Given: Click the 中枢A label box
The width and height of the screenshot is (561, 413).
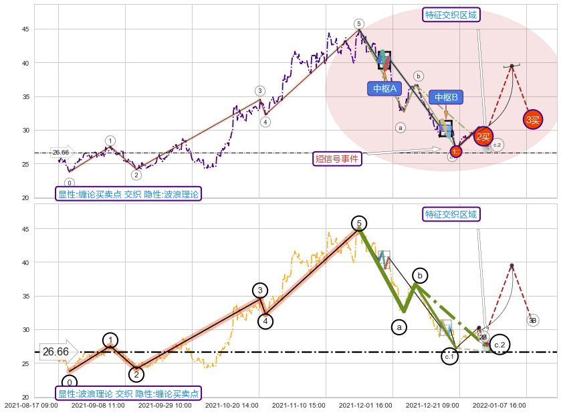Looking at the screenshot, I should pyautogui.click(x=384, y=88).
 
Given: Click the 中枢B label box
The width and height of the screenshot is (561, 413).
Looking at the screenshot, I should pyautogui.click(x=446, y=98).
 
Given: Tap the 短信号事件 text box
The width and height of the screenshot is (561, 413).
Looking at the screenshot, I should pyautogui.click(x=337, y=159).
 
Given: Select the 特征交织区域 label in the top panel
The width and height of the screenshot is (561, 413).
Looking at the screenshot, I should pyautogui.click(x=451, y=15).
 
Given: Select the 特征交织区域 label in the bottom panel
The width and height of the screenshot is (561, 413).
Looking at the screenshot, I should pyautogui.click(x=451, y=215).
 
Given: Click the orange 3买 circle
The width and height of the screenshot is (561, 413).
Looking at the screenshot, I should pyautogui.click(x=533, y=120).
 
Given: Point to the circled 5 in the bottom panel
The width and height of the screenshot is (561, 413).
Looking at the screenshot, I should pyautogui.click(x=359, y=223).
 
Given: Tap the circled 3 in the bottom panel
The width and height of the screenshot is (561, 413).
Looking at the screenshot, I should pyautogui.click(x=260, y=290).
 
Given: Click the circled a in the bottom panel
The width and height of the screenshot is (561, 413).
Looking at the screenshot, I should pyautogui.click(x=399, y=327).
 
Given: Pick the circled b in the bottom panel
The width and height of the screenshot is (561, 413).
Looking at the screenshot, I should pyautogui.click(x=420, y=275).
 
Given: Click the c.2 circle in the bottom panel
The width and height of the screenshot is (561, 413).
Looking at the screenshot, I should pyautogui.click(x=499, y=345).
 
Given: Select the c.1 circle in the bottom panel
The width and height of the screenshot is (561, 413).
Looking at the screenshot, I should pyautogui.click(x=449, y=357).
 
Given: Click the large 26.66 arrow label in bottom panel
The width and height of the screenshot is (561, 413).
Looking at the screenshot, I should pyautogui.click(x=56, y=351).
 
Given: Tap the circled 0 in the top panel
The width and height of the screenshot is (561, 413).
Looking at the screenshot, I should pyautogui.click(x=70, y=183).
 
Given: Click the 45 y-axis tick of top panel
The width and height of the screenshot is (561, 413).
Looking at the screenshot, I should pyautogui.click(x=26, y=29).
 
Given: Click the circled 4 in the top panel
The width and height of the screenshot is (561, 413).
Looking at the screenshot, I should pyautogui.click(x=265, y=122).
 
